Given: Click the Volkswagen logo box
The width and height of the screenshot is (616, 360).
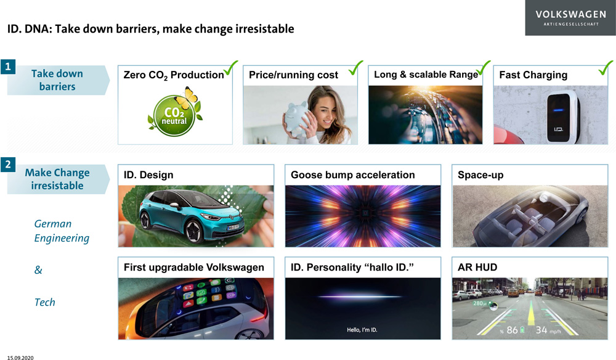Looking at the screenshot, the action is (570, 18).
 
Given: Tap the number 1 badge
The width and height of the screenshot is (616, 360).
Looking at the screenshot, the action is (8, 67).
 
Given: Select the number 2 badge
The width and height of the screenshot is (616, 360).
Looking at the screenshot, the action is (8, 164).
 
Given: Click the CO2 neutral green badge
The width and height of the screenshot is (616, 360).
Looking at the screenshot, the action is (174, 115).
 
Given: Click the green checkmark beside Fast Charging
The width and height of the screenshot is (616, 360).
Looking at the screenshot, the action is (606, 68).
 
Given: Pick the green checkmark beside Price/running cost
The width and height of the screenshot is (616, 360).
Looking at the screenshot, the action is (355, 68).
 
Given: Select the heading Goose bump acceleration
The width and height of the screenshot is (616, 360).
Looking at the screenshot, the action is (353, 175).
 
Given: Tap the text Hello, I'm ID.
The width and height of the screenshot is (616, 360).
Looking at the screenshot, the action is (362, 330).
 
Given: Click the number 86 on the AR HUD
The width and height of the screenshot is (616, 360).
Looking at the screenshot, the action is (512, 330).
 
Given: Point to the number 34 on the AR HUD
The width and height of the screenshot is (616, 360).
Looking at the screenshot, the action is (541, 330).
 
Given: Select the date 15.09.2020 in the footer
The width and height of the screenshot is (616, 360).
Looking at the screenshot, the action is (20, 358).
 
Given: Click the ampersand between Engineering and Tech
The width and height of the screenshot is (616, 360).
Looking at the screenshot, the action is (38, 270).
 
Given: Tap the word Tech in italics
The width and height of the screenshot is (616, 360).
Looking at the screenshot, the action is (45, 302).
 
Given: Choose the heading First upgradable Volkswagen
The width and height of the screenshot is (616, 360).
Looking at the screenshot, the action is (193, 268).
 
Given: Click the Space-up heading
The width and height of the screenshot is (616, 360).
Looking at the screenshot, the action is (480, 175).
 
